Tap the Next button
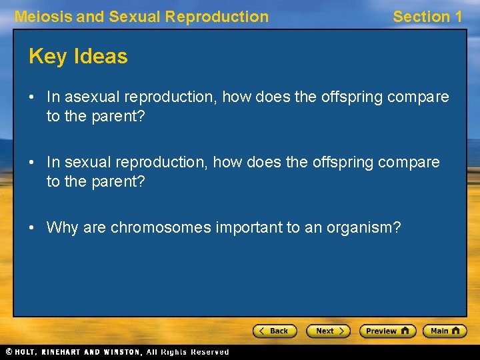(x=328, y=331)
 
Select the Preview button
(x=387, y=331)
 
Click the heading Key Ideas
(x=78, y=57)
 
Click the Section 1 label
(x=427, y=17)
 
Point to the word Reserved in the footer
(x=209, y=352)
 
